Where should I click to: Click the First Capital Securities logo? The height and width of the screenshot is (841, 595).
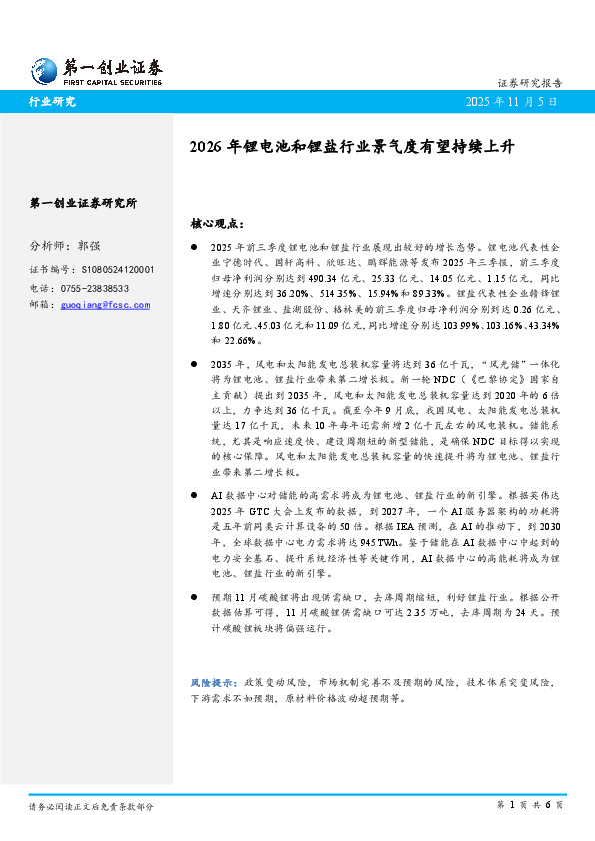pyautogui.click(x=96, y=70)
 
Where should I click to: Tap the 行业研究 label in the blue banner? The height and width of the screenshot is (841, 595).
pyautogui.click(x=52, y=102)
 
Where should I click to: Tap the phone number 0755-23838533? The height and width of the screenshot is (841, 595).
pyautogui.click(x=103, y=287)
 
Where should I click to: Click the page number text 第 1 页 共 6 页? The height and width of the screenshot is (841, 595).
pyautogui.click(x=530, y=805)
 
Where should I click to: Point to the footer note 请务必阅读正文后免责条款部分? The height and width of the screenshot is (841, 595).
pyautogui.click(x=91, y=805)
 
